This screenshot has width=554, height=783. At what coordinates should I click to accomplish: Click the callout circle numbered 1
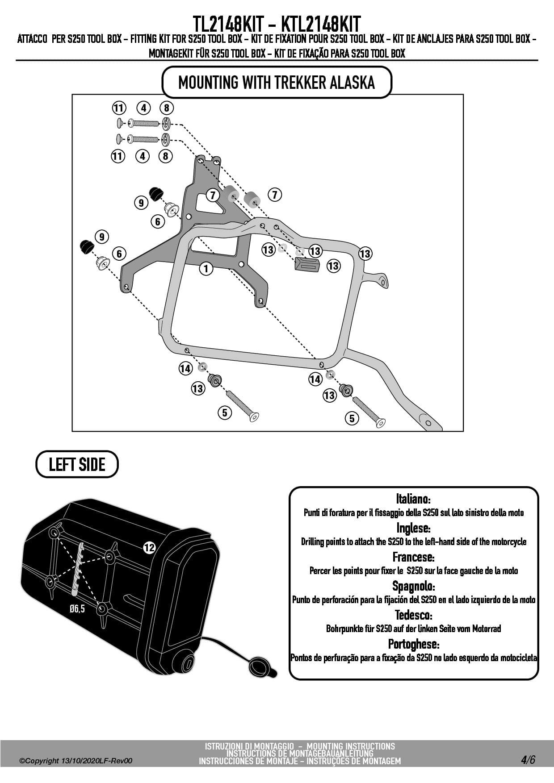pos(206,268)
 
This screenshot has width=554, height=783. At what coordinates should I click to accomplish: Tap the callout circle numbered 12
pos(149,547)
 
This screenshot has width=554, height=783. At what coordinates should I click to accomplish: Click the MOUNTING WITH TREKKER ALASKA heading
pos(277,83)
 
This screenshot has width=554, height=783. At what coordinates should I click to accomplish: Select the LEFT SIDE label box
pos(77,465)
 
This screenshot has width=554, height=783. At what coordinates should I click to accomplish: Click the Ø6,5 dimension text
pos(77,608)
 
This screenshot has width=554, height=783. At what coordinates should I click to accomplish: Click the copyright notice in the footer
pos(76,761)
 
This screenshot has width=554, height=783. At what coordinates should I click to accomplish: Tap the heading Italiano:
pos(413,498)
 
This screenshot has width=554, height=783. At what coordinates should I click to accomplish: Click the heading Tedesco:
pos(413,615)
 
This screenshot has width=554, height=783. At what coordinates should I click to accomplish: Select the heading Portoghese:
pos(413,644)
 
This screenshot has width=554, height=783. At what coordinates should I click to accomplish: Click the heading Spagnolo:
pos(413,586)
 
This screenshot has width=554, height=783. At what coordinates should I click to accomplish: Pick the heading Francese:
pos(413,557)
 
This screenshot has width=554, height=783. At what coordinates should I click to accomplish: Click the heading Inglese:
pos(413,528)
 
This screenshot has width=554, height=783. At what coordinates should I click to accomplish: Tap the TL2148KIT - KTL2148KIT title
pos(277,23)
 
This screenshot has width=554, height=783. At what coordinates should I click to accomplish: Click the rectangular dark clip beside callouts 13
pos(307,265)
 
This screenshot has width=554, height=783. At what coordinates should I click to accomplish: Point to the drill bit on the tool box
pos(79,568)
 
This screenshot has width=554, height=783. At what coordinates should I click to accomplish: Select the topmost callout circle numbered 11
pos(118,108)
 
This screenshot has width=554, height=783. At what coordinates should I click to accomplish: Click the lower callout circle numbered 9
pos(102,237)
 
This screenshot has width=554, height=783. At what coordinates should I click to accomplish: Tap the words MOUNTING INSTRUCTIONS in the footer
pos(351,746)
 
